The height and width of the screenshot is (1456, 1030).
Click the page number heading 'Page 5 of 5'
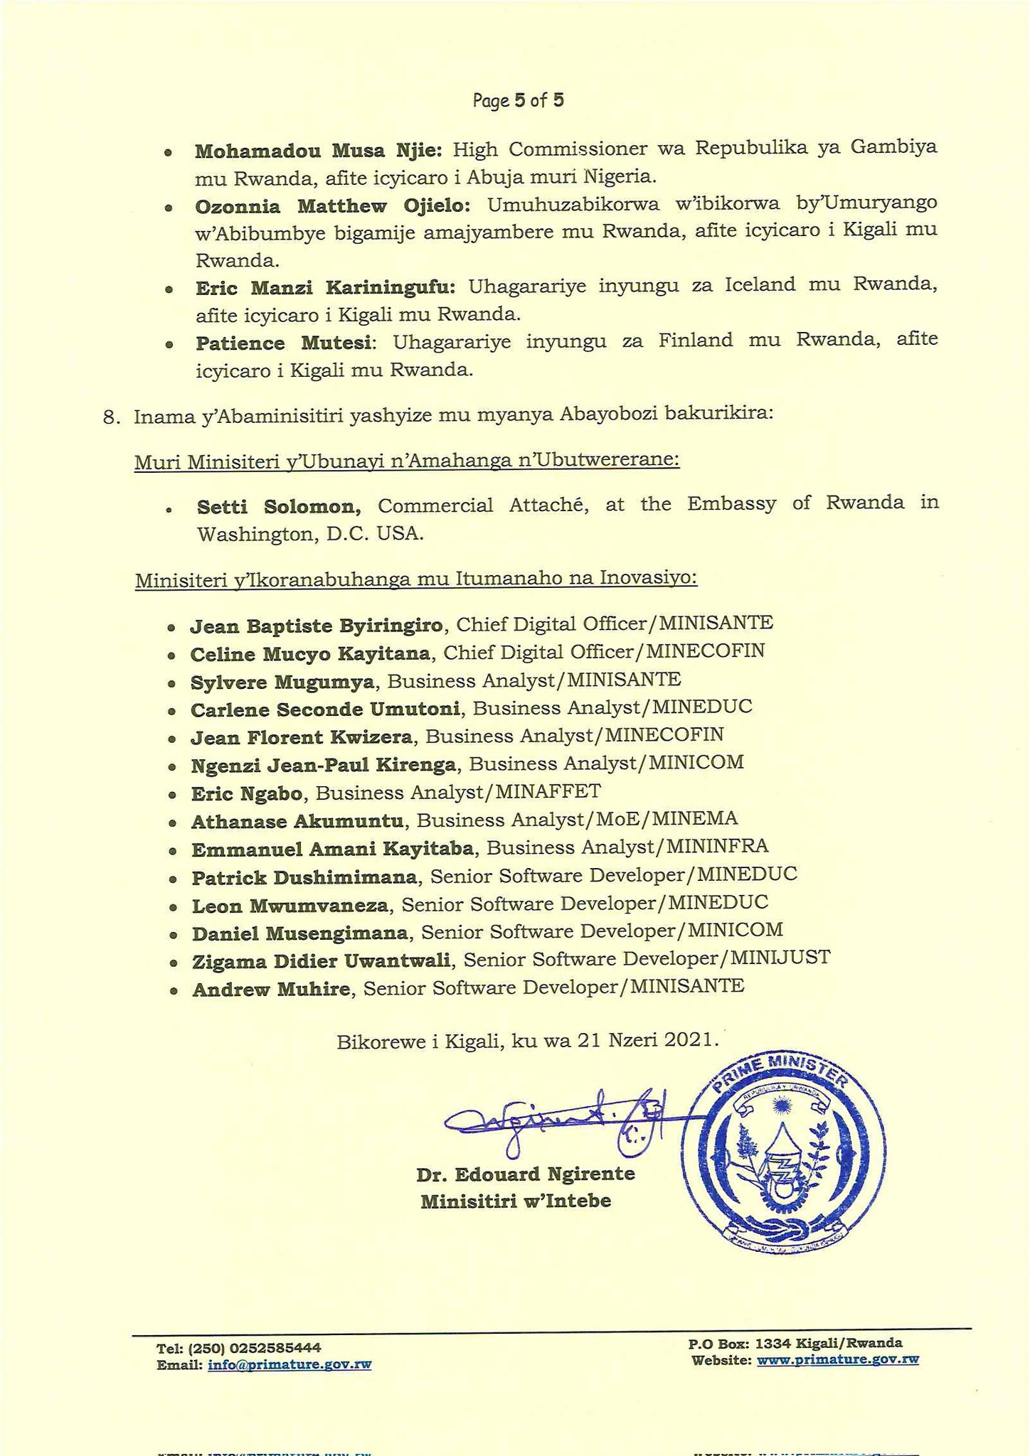tap(518, 100)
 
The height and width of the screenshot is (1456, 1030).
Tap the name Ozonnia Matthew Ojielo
tap(332, 206)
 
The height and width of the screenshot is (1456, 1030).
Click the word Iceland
tap(760, 285)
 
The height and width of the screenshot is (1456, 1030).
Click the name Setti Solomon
tap(279, 507)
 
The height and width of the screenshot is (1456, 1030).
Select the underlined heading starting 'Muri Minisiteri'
tap(407, 461)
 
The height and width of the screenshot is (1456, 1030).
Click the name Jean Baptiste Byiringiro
tap(317, 626)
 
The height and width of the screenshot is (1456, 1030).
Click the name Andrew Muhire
tap(271, 988)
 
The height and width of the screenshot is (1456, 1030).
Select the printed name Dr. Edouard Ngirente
tap(525, 1174)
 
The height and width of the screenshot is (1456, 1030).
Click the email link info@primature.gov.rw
tap(290, 1364)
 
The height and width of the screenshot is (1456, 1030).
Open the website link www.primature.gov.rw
tap(837, 1360)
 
